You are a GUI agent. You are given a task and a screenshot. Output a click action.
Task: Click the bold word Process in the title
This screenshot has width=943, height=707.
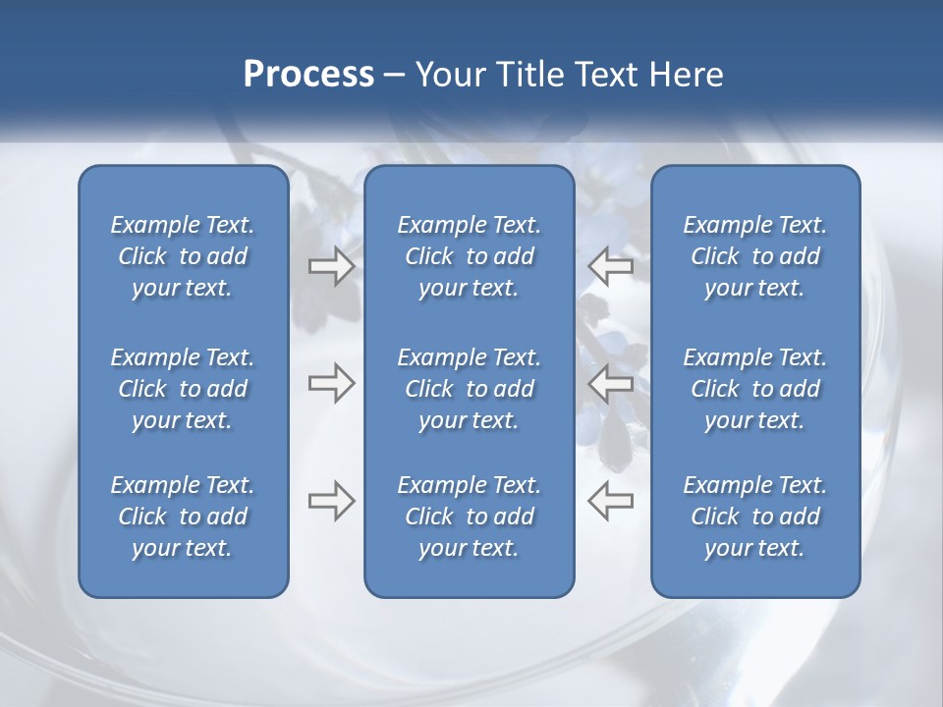(x=308, y=75)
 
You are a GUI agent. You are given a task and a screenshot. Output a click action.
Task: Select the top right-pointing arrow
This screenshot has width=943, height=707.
(x=331, y=266)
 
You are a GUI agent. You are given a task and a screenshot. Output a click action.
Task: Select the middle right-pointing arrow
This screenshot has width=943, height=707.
(x=331, y=383)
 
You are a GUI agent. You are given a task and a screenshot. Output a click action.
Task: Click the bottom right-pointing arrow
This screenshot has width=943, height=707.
(x=331, y=500)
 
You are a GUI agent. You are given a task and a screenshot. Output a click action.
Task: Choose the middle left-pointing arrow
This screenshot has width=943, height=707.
(x=610, y=383)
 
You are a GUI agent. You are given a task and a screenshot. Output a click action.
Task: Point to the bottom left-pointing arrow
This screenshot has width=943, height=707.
(x=610, y=500)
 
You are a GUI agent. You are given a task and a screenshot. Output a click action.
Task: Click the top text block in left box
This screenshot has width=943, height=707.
(x=183, y=256)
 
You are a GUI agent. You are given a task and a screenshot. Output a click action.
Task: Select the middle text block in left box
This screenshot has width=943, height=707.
(x=183, y=389)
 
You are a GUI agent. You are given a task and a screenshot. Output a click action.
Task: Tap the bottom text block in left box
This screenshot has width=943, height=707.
(x=183, y=517)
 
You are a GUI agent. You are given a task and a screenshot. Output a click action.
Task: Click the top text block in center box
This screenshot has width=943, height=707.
(x=469, y=256)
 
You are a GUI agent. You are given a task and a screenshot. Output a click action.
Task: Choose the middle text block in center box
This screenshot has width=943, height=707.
(x=469, y=389)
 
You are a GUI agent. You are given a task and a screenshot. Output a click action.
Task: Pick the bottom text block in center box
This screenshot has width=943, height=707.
(x=469, y=517)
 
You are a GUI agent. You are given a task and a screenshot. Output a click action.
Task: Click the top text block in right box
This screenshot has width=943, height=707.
(x=754, y=256)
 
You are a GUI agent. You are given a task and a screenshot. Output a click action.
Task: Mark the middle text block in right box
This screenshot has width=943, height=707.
(x=754, y=389)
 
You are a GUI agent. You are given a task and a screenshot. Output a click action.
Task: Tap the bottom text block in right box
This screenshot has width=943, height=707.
(x=754, y=517)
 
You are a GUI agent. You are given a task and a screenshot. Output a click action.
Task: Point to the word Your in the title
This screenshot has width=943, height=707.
(x=449, y=75)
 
